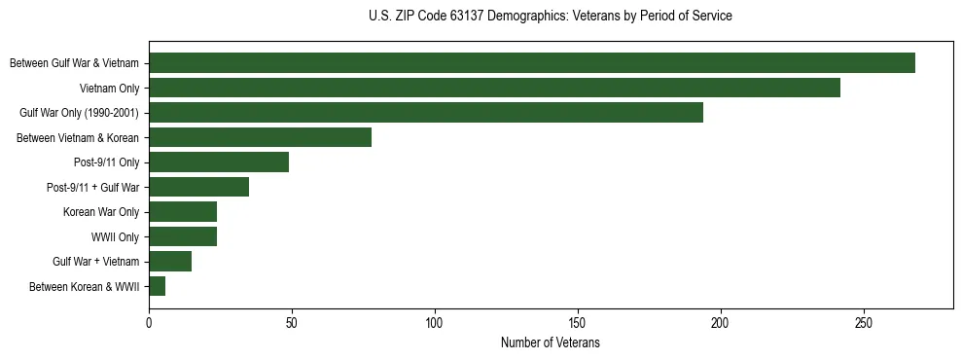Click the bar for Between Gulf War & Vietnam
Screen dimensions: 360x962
tap(532, 63)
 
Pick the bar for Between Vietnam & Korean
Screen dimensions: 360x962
tap(260, 137)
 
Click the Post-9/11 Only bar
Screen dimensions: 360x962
tap(219, 162)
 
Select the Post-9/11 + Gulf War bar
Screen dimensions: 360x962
tap(198, 187)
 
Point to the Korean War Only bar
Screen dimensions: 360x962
tap(183, 212)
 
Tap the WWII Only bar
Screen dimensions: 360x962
tap(183, 236)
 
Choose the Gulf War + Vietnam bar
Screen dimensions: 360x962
tap(170, 262)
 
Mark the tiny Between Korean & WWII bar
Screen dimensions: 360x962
tap(158, 286)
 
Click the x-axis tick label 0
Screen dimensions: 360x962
tap(149, 324)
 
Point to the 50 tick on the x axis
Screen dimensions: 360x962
tap(292, 324)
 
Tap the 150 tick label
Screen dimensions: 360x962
tap(578, 324)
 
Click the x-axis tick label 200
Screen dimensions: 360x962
tap(721, 324)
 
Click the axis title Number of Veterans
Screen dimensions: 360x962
tap(551, 343)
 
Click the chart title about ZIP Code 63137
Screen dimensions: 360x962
tap(551, 17)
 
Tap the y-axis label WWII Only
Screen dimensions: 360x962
tap(115, 237)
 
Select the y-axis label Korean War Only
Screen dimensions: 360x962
tap(101, 212)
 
